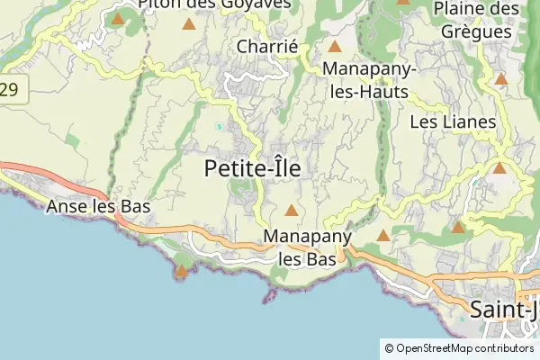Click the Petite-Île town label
click(252, 168)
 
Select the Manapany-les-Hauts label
click(364, 79)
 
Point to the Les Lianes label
click(453, 121)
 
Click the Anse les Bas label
click(97, 207)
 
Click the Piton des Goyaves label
click(214, 4)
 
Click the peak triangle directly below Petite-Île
click(291, 211)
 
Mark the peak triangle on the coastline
click(183, 270)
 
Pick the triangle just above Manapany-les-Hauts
click(335, 47)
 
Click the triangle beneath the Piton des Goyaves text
click(189, 23)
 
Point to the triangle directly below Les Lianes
click(499, 167)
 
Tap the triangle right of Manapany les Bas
click(382, 236)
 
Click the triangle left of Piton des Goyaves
click(118, 18)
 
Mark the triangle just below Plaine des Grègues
click(501, 79)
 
